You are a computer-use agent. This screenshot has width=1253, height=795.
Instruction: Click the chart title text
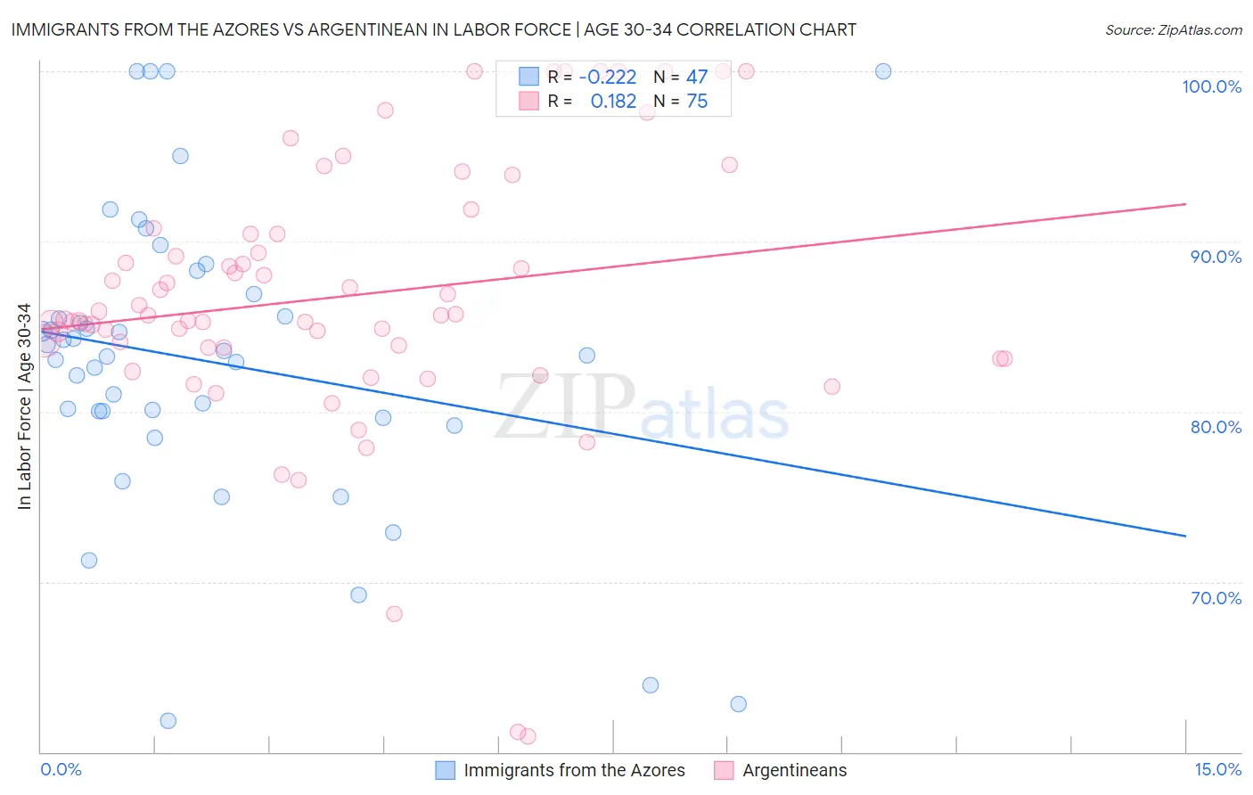coord(433,29)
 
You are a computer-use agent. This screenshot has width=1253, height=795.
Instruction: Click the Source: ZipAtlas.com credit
coord(1173,29)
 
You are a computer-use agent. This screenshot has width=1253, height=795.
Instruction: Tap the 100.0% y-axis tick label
coord(1211,86)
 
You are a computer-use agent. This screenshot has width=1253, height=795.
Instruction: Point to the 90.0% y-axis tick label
coord(1216,257)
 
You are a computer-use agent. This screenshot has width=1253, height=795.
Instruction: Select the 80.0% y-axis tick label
coord(1216,427)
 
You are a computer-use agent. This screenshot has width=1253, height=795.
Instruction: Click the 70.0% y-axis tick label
coord(1216,598)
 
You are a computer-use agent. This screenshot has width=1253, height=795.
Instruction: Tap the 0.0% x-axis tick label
coord(61,769)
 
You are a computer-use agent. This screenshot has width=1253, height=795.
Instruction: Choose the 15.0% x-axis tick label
coord(1217,769)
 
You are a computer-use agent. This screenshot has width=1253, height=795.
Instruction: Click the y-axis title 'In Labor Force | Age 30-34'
coord(24,406)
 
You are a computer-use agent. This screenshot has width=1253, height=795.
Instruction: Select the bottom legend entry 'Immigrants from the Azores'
coord(574,770)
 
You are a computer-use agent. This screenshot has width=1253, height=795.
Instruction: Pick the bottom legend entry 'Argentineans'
coord(794,770)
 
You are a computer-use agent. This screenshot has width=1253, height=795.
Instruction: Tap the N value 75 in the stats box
coord(697,102)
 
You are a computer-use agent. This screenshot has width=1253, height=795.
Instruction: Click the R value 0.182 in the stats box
coord(613,102)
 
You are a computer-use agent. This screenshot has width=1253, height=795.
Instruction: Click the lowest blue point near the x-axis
coord(168,721)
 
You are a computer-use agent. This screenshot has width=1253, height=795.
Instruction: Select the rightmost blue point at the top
coord(883,71)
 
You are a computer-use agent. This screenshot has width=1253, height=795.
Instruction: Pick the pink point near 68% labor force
coord(394,614)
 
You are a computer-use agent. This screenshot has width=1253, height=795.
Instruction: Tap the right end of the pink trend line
coord(1185,204)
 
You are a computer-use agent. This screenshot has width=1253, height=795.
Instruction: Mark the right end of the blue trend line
coord(1185,536)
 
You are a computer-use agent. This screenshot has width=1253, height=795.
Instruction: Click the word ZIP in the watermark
coord(565,407)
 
